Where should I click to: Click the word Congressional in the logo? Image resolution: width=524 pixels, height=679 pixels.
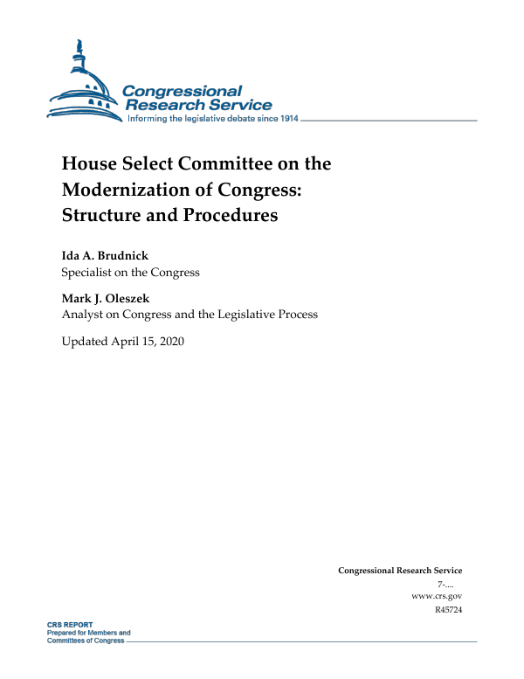182,91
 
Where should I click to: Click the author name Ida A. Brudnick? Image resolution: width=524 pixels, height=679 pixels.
105,255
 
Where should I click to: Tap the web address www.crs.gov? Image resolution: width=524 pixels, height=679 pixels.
437,595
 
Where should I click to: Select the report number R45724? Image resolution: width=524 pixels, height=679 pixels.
447,608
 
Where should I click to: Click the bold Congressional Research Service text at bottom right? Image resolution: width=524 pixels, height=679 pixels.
400,571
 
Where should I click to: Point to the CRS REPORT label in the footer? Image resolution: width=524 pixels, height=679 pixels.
70,626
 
